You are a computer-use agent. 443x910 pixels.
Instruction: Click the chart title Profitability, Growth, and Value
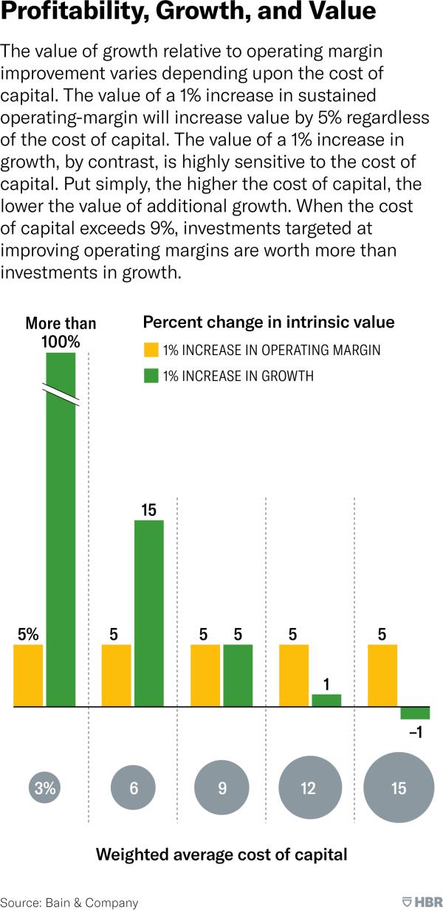188,13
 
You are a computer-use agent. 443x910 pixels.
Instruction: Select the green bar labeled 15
148,613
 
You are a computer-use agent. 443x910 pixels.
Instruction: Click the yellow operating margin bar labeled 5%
28,675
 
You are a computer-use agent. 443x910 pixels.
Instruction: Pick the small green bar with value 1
326,700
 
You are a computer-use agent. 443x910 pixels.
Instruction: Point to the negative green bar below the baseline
415,713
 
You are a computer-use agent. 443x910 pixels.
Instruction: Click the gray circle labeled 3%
45,787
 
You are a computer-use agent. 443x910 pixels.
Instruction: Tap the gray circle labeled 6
134,787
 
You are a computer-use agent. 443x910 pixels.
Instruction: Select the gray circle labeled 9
222,787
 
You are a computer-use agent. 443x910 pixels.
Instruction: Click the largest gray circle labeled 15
399,787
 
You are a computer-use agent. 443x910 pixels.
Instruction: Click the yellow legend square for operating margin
151,350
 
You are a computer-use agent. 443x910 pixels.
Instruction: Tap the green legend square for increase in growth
151,376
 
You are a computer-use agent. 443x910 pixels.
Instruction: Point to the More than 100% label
61,332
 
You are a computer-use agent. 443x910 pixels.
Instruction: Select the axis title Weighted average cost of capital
221,855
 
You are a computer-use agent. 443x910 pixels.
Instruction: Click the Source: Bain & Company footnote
69,902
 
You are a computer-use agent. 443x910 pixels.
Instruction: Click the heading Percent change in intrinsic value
268,323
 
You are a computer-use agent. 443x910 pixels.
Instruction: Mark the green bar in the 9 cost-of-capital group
238,675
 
